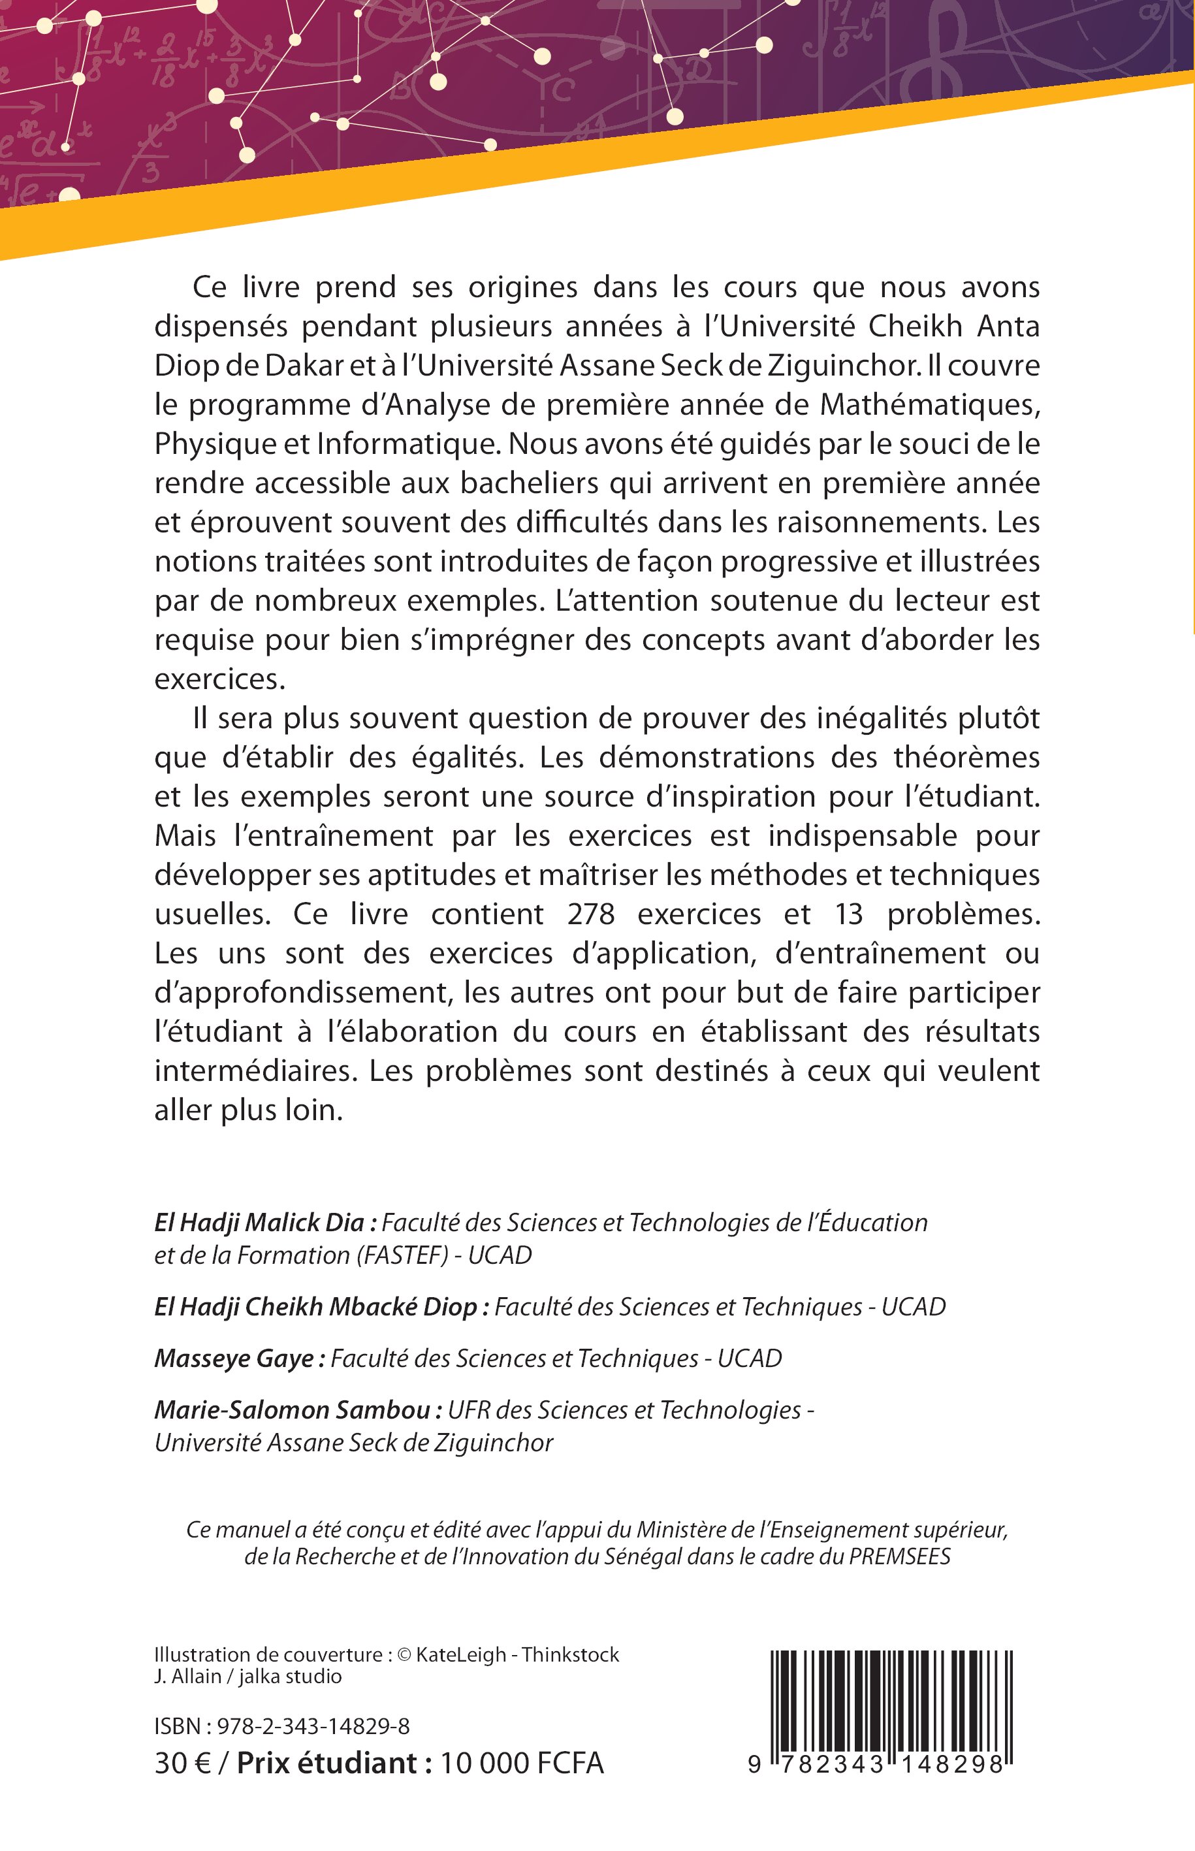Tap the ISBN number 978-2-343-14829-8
point(313,1726)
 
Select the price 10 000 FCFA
point(522,1763)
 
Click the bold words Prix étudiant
point(334,1763)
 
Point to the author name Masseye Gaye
point(234,1358)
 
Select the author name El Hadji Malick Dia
point(259,1223)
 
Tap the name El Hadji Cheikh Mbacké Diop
point(315,1307)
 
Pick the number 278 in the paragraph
point(590,914)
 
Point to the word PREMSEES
point(899,1557)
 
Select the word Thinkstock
point(570,1654)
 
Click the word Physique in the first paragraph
point(205,445)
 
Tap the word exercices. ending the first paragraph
point(220,680)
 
